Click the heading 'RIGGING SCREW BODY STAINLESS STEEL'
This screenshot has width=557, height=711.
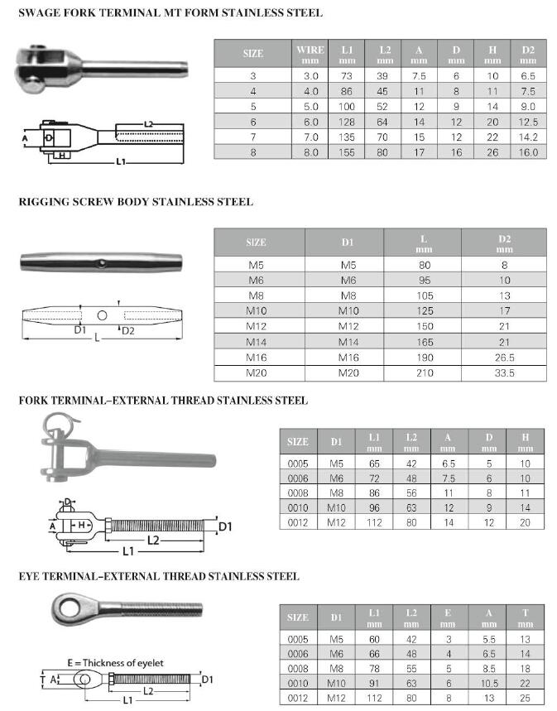click(136, 202)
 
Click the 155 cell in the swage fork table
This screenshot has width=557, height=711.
click(347, 152)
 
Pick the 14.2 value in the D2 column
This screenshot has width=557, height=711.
click(528, 137)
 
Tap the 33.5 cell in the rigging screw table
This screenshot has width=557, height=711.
click(504, 373)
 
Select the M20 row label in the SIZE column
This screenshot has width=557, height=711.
click(256, 373)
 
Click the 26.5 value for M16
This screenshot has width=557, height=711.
click(504, 358)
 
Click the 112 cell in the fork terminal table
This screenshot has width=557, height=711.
click(374, 522)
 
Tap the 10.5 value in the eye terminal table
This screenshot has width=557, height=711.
click(489, 683)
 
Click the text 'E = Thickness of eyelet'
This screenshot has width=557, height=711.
click(116, 663)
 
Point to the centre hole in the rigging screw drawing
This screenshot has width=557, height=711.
click(102, 315)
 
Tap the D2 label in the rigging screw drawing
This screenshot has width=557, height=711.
click(128, 331)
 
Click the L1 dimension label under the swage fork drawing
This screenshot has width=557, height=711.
click(121, 162)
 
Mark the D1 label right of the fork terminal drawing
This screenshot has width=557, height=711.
click(225, 525)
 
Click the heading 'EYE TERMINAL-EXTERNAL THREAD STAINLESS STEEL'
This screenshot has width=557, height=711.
click(159, 576)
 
